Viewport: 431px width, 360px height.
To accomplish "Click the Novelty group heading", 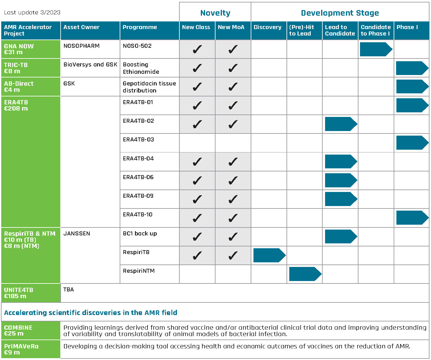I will (x=215, y=13).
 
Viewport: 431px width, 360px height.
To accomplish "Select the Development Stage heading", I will (x=340, y=13).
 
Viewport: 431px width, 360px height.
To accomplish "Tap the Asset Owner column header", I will (x=81, y=27).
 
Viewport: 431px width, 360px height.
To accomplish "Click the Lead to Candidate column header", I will (x=340, y=30).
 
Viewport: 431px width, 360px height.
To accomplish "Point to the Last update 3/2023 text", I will (x=32, y=13).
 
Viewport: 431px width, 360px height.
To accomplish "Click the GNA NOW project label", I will (x=19, y=49).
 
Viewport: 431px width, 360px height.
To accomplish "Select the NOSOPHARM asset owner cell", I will (x=81, y=46).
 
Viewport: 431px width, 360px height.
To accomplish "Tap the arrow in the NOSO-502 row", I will (x=376, y=49).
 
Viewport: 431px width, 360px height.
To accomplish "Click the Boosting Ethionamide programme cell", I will (x=141, y=68).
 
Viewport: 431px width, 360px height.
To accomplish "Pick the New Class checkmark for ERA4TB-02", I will (x=197, y=124).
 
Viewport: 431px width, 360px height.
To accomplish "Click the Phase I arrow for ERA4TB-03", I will (x=412, y=143).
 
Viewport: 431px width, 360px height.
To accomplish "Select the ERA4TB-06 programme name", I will (x=138, y=177).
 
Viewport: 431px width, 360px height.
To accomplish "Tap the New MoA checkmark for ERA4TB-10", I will (x=233, y=218).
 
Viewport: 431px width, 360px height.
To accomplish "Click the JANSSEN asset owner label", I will (x=77, y=234).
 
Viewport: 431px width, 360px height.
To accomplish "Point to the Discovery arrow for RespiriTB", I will (x=269, y=255).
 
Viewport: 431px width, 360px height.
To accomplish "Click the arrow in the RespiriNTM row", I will (x=305, y=274).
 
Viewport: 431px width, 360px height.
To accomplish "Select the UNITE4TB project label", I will (x=18, y=293).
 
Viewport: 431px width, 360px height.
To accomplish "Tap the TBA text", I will (x=69, y=290).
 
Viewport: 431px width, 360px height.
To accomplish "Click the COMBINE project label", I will (x=18, y=330).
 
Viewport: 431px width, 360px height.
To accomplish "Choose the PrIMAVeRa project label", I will (x=21, y=349).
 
